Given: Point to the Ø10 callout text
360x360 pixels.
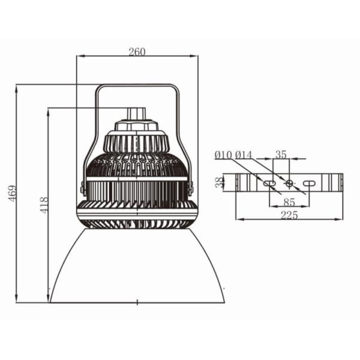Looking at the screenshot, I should point(223,155).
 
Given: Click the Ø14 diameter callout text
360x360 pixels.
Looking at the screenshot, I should point(244,155).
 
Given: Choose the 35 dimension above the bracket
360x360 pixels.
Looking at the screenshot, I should point(281,154).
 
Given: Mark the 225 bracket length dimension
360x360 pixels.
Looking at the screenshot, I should point(289,215).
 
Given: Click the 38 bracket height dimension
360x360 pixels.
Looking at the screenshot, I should point(220,182).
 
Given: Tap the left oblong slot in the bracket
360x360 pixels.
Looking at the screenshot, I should point(269,182).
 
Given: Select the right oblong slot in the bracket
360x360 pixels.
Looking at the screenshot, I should point(308,182).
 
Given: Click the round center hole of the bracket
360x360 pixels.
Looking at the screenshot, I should point(289,182).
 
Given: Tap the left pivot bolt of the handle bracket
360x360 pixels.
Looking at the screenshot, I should point(82,188).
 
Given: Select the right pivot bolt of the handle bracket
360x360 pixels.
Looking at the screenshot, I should point(192,188).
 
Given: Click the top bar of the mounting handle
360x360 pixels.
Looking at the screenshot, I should point(137,86).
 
